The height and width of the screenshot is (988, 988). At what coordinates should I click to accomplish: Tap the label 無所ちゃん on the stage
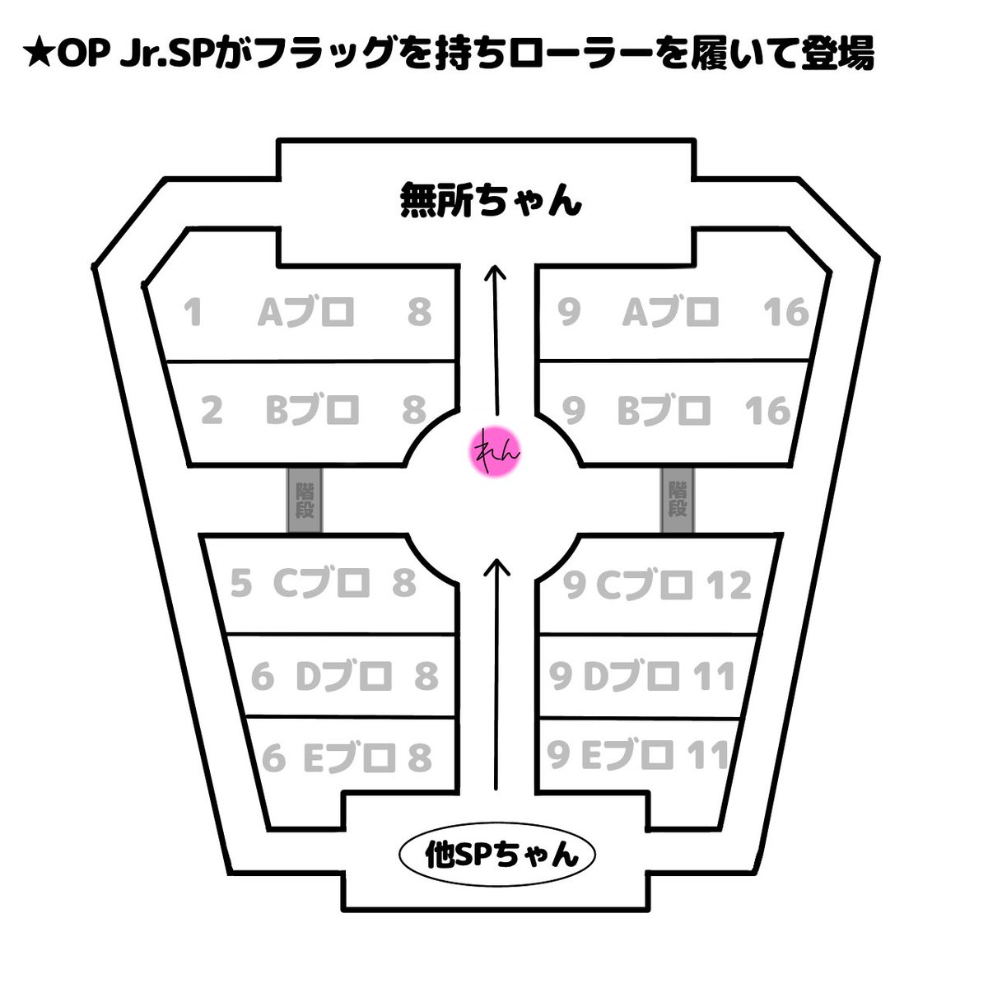(x=491, y=200)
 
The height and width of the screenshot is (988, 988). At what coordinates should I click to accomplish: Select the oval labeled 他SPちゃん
(x=497, y=855)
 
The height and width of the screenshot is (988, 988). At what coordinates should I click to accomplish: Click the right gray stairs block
(x=678, y=500)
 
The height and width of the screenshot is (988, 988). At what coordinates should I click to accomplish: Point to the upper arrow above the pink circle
(x=496, y=338)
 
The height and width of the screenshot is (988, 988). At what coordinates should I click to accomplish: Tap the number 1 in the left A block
(x=193, y=312)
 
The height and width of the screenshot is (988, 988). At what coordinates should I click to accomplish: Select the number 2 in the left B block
(x=212, y=410)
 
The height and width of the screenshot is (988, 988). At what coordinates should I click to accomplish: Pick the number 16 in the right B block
(x=767, y=410)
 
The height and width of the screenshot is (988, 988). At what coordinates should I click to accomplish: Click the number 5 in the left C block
(x=240, y=584)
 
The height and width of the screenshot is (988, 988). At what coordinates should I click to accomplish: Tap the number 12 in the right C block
(x=729, y=585)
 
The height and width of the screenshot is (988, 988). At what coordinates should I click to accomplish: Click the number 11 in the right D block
(x=713, y=677)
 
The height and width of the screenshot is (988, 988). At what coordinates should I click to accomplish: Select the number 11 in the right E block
(x=708, y=755)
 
